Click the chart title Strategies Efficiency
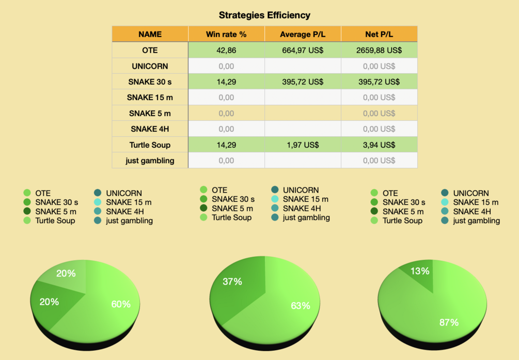pos(264,15)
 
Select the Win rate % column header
pos(226,34)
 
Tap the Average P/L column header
pos(303,34)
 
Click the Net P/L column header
pos(379,34)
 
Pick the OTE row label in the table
pos(150,50)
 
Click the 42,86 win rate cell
pos(226,50)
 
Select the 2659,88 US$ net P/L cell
pos(379,50)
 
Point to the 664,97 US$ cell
pos(303,50)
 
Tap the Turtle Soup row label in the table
pos(150,145)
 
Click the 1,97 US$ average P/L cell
pos(303,145)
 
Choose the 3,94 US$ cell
pos(379,145)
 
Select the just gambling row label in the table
pos(150,161)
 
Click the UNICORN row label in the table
pos(150,66)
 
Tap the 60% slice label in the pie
pos(121,304)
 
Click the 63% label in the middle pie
pos(300,306)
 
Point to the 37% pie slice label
pos(232,281)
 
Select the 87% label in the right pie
pos(449,322)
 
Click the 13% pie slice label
pos(420,271)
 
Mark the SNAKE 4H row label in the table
pos(150,129)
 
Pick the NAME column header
pos(150,34)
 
